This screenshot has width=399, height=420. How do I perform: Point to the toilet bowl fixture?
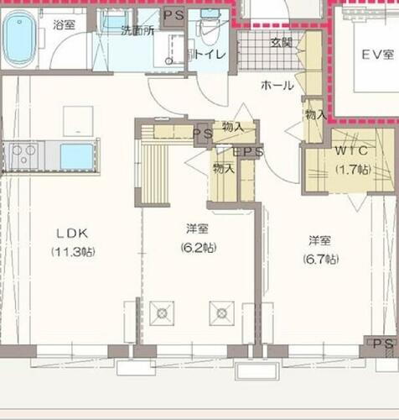207,32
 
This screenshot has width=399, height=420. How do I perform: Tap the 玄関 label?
281,42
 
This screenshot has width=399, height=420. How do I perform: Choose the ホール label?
277,86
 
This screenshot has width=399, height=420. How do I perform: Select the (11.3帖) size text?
73,251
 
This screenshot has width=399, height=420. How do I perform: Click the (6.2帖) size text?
198,248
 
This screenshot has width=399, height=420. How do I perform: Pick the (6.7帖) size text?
321,260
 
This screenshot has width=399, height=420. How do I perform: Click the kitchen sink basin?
76,156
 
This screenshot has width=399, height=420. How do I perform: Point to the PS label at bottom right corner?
382,344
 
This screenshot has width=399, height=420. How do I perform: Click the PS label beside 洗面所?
174,15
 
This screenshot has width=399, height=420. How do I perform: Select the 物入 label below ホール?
314,114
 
